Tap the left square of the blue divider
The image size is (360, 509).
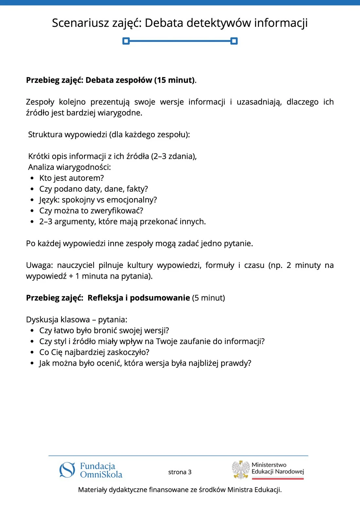[x=126, y=41]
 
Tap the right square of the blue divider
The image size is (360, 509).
[x=234, y=41]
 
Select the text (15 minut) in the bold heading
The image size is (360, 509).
[x=174, y=80]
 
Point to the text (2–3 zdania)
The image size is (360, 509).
[x=173, y=156]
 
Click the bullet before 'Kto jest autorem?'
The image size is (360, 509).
[x=32, y=178]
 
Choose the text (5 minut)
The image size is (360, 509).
[x=208, y=298]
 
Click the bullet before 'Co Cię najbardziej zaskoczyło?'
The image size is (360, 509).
[x=32, y=353]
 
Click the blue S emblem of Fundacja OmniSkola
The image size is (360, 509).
[x=67, y=470]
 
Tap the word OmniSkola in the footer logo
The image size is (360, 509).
[x=101, y=475]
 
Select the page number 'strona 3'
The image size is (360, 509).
[x=180, y=472]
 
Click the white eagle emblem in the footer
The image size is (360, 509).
[x=241, y=470]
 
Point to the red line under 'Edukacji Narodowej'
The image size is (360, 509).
[x=278, y=479]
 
